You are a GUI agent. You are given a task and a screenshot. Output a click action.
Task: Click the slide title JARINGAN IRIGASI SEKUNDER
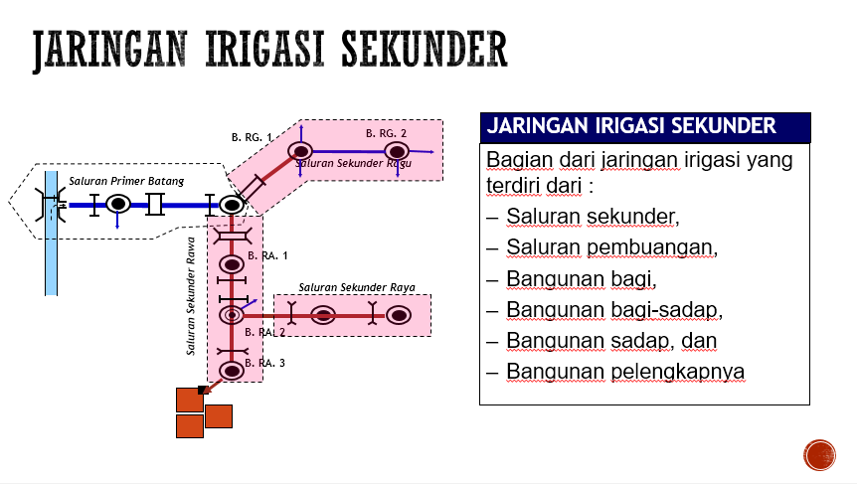click(269, 51)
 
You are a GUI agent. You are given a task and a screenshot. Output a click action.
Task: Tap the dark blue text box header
click(644, 127)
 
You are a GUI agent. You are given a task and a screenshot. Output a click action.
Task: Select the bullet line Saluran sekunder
click(593, 216)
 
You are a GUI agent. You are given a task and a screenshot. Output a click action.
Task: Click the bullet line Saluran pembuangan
click(610, 247)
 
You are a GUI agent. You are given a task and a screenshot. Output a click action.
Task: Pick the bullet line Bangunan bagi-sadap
click(613, 310)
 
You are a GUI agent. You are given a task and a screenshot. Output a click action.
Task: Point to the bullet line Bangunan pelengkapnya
click(625, 372)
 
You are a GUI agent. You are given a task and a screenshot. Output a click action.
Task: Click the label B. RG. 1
click(252, 137)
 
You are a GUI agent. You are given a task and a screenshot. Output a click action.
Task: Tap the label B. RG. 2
click(386, 132)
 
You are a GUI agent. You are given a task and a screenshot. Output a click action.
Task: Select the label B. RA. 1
click(267, 255)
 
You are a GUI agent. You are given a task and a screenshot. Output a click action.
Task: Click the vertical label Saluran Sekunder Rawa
click(190, 295)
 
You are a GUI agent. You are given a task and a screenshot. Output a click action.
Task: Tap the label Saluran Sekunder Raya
click(357, 287)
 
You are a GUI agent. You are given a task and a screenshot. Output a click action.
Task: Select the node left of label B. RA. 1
click(231, 264)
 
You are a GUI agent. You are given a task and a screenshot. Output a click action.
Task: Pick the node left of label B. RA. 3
click(231, 371)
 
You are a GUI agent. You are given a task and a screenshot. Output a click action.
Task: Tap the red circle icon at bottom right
click(819, 455)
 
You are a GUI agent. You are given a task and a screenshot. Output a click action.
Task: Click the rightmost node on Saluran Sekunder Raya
click(399, 316)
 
